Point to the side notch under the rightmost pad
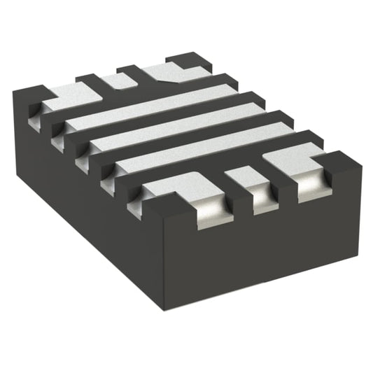coord(311,189)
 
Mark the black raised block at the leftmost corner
coord(31,94)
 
